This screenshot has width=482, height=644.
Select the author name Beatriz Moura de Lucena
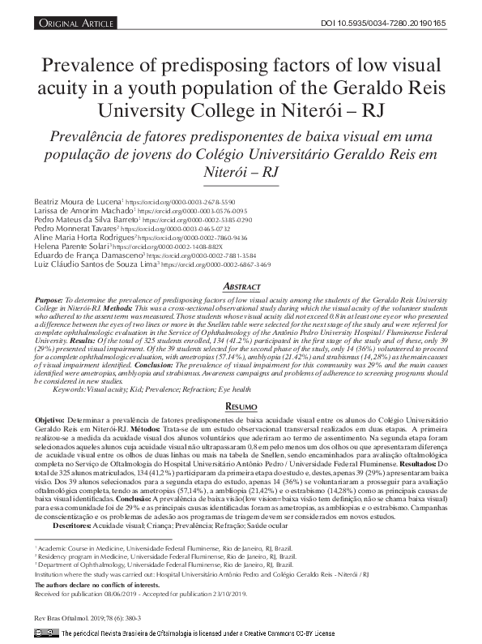[x=78, y=200]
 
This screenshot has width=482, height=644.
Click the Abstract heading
[x=241, y=288]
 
